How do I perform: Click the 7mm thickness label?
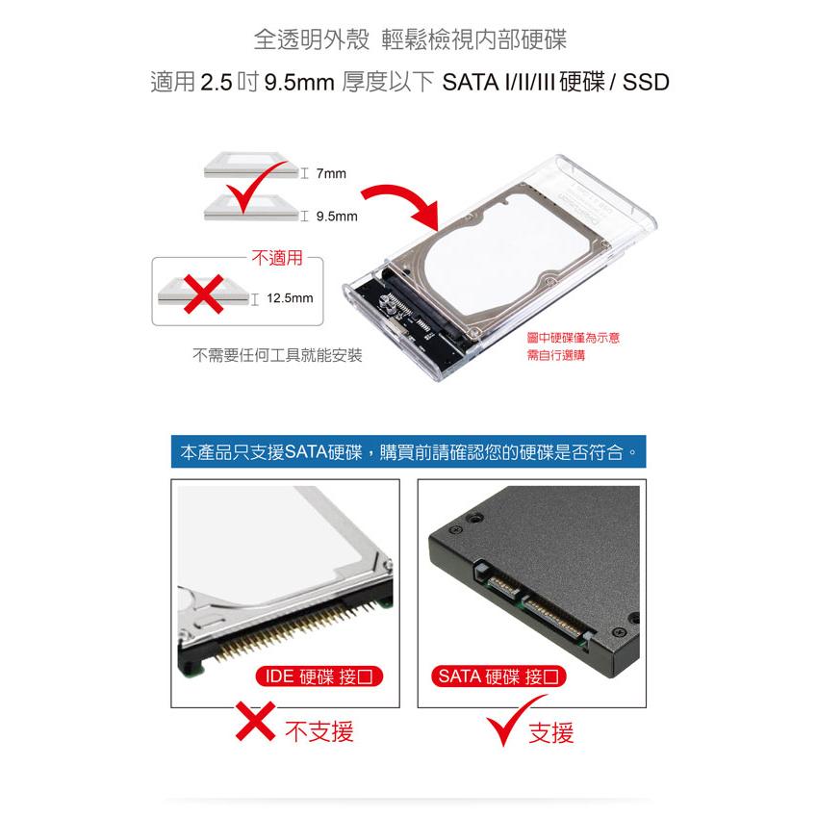tap(330, 173)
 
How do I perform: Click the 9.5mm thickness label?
tap(336, 217)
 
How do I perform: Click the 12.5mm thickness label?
tap(289, 298)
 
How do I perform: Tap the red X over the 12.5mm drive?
tap(205, 293)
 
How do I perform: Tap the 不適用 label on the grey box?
tap(276, 258)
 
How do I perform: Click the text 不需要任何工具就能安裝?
tap(277, 355)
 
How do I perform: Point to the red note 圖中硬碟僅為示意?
tap(574, 339)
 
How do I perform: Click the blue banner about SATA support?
tap(408, 450)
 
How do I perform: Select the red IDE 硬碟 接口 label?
tap(319, 676)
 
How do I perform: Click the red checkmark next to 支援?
tap(503, 729)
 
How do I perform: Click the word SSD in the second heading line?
tap(646, 83)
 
